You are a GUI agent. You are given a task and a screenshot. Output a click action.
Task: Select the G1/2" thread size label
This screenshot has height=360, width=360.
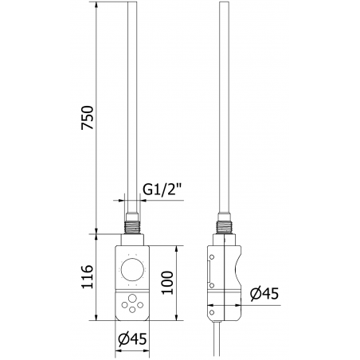[162, 191]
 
